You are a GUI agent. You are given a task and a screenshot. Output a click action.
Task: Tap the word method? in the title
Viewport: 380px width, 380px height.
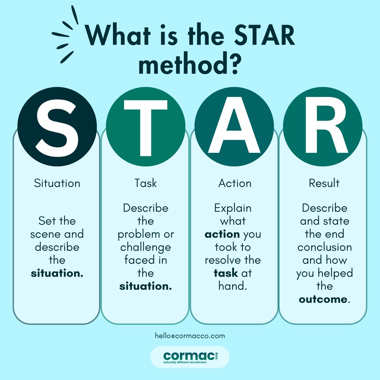[x=188, y=65]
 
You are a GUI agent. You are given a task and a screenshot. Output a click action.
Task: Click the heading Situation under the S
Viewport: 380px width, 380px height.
[x=57, y=183]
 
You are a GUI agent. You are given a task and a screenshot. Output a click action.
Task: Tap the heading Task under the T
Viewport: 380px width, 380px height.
[x=145, y=183]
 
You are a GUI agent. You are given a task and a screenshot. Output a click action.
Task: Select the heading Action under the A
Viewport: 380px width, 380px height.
[x=235, y=183]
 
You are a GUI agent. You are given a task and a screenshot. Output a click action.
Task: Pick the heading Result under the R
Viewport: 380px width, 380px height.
[x=324, y=183]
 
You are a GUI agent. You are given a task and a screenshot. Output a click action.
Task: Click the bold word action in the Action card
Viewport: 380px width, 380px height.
[x=222, y=234]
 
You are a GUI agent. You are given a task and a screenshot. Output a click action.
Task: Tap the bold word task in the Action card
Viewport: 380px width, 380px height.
[x=226, y=273]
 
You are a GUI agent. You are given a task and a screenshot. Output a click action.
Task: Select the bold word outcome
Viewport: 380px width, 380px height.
[x=323, y=299]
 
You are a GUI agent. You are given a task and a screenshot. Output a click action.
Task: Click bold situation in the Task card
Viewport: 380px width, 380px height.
[x=145, y=286]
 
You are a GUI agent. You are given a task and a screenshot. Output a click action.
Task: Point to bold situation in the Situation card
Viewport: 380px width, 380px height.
[x=57, y=273]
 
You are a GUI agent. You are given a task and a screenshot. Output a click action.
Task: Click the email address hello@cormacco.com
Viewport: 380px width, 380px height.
[x=190, y=336]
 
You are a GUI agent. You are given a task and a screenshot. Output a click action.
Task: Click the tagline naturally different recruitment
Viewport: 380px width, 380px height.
[x=185, y=362]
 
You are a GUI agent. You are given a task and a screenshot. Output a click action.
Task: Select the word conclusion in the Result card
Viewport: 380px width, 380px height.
[x=325, y=247]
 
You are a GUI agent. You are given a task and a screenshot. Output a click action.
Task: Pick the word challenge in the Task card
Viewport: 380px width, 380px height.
[x=145, y=247]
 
